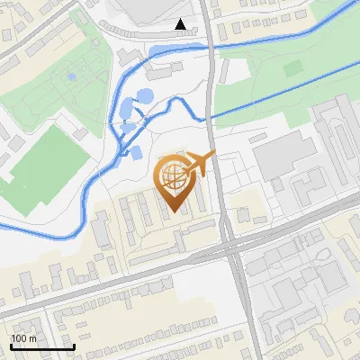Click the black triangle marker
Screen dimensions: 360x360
(182, 24)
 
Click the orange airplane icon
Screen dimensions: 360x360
(199, 165)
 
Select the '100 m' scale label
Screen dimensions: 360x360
(24, 338)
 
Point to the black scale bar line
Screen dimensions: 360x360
(41, 346)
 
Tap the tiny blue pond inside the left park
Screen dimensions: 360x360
(71, 77)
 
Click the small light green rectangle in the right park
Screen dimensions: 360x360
(293, 68)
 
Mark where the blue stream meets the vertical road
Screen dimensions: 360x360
(210, 116)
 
